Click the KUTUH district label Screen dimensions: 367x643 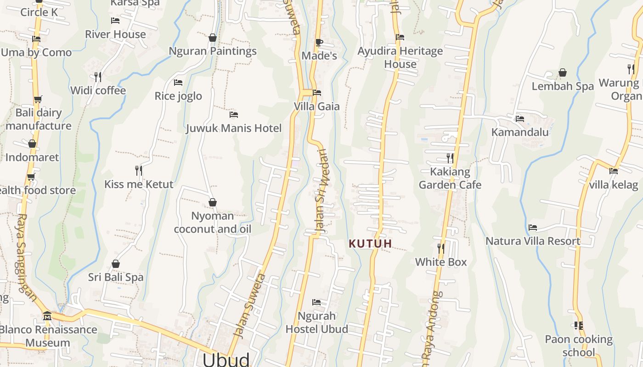click(370, 244)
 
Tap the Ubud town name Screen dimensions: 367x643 click(226, 359)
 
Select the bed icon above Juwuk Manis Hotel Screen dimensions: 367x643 click(234, 114)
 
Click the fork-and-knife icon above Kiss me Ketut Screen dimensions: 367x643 click(138, 170)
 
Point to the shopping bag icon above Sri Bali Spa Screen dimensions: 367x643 click(116, 264)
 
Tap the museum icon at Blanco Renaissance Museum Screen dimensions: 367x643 click(47, 316)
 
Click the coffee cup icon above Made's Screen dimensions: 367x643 click(319, 43)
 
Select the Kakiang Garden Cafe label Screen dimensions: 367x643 click(450, 178)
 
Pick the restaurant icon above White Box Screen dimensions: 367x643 click(441, 248)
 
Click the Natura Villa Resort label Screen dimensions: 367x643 click(533, 241)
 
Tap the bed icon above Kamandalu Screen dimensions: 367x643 click(520, 118)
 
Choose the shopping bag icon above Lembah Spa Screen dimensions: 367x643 click(563, 72)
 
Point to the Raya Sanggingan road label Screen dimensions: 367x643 click(27, 257)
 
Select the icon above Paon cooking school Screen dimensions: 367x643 click(579, 326)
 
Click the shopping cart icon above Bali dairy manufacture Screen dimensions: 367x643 click(38, 99)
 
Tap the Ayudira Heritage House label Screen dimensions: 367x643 click(400, 57)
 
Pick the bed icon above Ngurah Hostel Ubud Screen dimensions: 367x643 click(316, 302)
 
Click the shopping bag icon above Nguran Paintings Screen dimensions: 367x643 click(213, 38)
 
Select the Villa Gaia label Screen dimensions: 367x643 click(317, 106)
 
